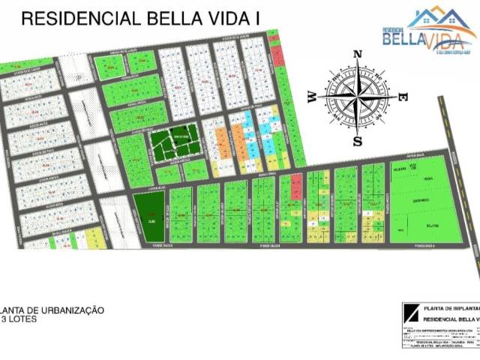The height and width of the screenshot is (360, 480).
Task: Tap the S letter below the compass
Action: [x=358, y=140]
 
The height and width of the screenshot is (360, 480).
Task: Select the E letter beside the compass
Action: [x=402, y=97]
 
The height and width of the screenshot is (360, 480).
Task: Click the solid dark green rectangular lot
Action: [x=149, y=216]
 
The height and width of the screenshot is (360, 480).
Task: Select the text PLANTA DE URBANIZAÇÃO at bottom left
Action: [x=52, y=310]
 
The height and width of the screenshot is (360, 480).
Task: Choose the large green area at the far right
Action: [x=426, y=200]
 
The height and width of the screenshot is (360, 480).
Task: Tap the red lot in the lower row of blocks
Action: [x=295, y=181]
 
